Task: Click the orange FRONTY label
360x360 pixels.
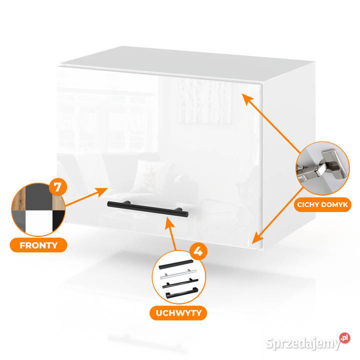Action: (38, 245)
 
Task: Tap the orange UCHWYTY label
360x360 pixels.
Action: (178, 313)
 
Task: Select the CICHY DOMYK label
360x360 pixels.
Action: (322, 204)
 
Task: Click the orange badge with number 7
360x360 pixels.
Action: (58, 187)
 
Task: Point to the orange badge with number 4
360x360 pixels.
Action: (198, 251)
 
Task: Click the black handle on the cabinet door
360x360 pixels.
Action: (148, 208)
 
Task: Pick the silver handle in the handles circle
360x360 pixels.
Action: (178, 274)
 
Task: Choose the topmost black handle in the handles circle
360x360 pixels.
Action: (176, 264)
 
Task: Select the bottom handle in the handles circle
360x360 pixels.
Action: (182, 293)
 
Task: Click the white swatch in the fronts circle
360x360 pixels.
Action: (39, 221)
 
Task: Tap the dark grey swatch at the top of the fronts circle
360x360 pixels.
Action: (39, 197)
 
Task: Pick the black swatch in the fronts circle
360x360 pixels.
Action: (58, 220)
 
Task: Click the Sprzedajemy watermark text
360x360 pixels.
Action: (303, 343)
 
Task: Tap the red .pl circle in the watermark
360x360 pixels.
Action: (344, 338)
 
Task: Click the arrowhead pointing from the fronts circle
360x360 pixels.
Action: (101, 191)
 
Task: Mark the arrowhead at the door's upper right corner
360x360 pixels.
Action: (247, 99)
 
